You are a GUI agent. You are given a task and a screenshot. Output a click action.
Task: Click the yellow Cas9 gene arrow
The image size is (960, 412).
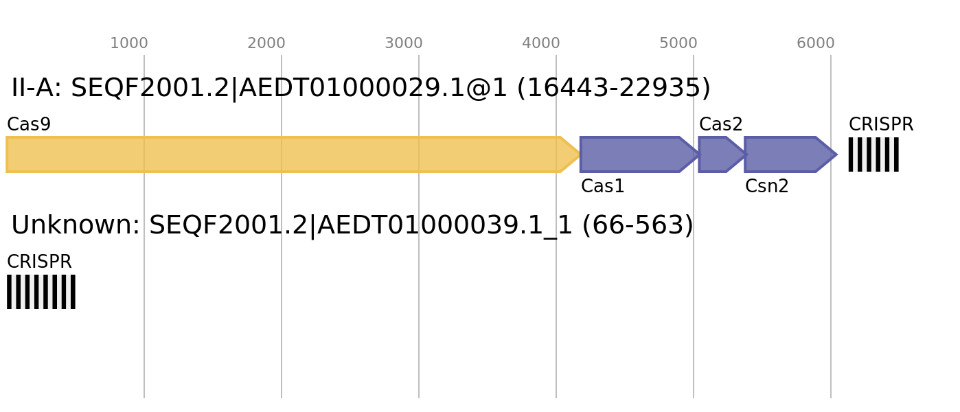coord(293,154)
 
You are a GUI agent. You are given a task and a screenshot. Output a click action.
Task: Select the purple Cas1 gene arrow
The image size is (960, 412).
coord(640,154)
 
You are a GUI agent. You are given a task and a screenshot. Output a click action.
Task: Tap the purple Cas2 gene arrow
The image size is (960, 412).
coord(722,154)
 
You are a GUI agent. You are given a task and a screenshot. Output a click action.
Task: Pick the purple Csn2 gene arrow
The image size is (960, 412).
coord(790,154)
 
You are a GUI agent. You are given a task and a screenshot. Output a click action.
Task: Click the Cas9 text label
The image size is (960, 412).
coord(29,124)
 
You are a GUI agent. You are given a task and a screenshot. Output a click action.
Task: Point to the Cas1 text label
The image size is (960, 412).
coord(602,186)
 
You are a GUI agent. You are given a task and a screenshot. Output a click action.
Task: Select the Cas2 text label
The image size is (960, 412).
coord(721,124)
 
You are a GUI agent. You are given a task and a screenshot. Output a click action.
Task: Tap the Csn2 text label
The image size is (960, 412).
coord(767,186)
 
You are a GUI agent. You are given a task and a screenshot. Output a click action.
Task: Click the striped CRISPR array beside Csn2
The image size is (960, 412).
coord(873,154)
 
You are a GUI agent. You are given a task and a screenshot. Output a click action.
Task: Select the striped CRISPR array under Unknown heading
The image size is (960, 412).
coord(41,292)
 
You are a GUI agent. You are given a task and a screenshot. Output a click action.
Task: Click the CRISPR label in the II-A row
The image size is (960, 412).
coord(881,124)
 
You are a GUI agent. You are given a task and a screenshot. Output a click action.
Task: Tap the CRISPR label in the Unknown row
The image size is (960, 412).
coord(39,262)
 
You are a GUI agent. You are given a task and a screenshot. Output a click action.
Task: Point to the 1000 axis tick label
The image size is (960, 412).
coord(129,43)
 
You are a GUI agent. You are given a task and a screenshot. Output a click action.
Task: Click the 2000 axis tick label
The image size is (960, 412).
coord(266,43)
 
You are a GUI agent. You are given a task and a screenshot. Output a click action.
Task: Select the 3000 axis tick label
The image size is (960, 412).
coord(404,43)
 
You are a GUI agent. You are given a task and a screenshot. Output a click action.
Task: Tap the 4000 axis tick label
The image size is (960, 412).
coord(541,43)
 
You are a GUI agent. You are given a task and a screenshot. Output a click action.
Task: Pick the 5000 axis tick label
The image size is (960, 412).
coord(678,43)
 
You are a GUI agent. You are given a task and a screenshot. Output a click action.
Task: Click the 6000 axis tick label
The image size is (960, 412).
coord(816,43)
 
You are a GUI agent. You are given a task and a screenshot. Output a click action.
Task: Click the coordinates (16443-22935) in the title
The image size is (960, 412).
coord(614,89)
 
